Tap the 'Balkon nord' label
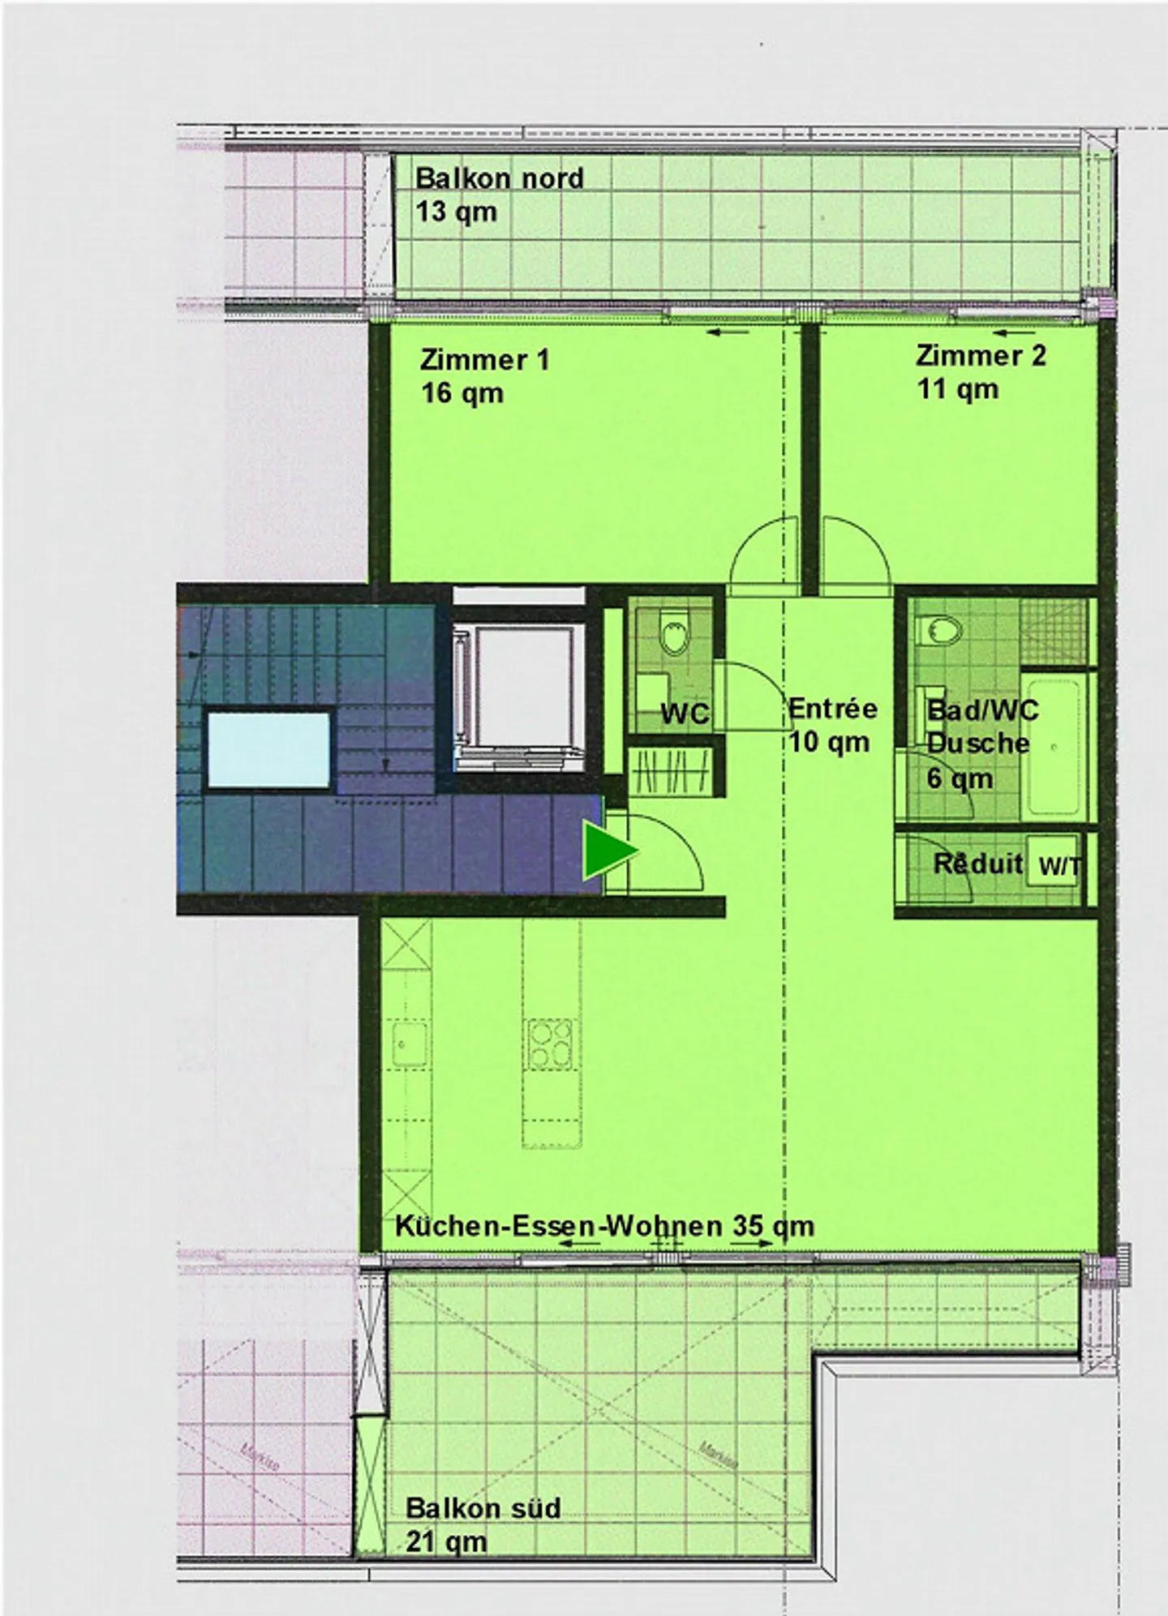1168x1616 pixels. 499,178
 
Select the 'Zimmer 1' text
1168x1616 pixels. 485,359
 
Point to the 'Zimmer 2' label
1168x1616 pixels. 981,355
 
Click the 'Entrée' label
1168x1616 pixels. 833,709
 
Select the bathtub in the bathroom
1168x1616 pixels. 1054,746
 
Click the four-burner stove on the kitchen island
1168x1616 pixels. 551,1044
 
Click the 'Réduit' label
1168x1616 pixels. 977,864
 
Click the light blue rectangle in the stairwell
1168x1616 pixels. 268,749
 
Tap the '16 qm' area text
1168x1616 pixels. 462,394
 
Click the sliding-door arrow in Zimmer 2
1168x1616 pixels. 1013,332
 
